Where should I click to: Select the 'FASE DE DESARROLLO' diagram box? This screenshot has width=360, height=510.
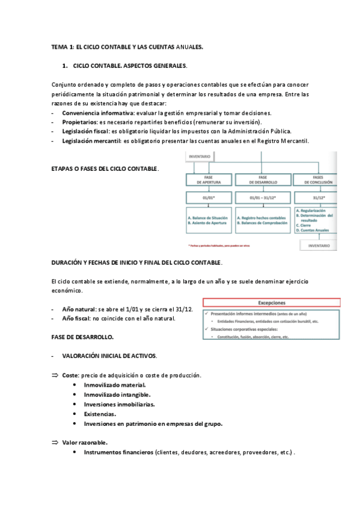click(x=263, y=179)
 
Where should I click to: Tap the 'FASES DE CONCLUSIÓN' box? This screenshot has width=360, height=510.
click(x=319, y=179)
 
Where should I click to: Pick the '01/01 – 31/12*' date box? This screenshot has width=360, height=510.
click(x=263, y=196)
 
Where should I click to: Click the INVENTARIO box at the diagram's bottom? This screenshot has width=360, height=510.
click(x=319, y=245)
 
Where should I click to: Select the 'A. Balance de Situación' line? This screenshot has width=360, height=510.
click(x=208, y=217)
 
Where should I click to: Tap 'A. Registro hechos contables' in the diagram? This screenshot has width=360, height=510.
click(x=262, y=217)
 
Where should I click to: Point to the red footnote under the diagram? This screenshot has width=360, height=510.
click(x=218, y=245)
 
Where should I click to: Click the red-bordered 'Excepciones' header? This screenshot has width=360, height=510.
click(x=272, y=303)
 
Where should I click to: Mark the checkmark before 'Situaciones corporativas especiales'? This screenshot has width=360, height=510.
click(x=206, y=330)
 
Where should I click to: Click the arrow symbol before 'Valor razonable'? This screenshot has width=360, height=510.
click(x=55, y=442)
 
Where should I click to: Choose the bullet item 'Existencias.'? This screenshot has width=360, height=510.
click(x=100, y=414)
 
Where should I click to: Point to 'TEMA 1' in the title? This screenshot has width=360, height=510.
click(x=63, y=46)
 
